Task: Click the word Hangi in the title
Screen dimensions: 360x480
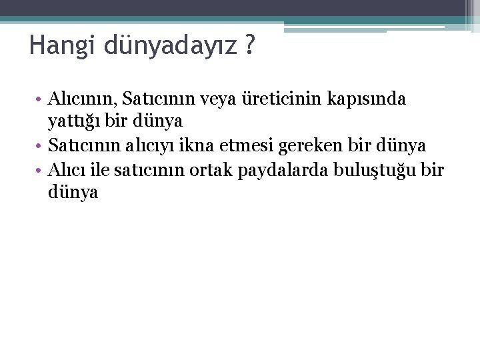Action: [x=55, y=47]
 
